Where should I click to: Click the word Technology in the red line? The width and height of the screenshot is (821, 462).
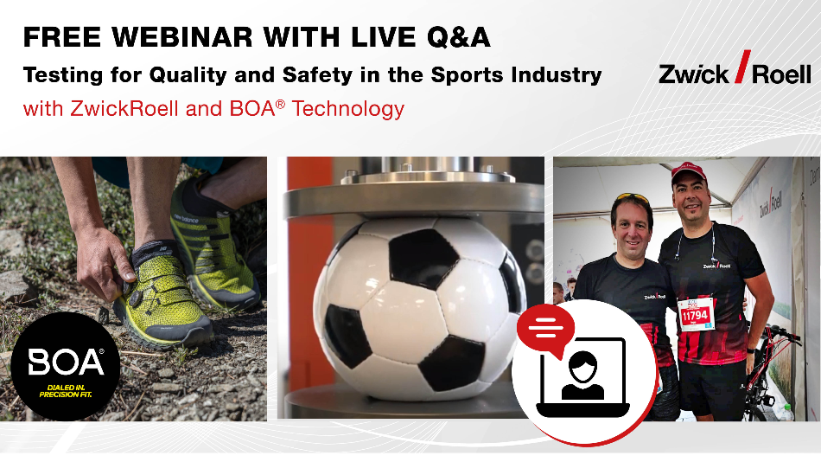tap(348, 108)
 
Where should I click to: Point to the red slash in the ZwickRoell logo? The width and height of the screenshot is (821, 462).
tap(743, 67)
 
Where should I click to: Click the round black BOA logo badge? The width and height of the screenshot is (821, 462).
tap(66, 366)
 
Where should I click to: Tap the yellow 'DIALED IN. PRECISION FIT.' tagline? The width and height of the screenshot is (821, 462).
tap(66, 391)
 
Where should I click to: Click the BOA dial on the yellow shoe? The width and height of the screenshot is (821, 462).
tap(135, 298)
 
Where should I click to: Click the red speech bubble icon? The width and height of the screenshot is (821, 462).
tap(545, 330)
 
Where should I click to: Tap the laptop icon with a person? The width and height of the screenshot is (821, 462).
tap(582, 377)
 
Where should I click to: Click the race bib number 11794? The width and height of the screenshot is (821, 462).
tap(695, 315)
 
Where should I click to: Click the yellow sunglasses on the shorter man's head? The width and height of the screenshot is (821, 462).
tap(632, 198)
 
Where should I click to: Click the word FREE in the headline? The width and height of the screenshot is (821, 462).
tap(62, 37)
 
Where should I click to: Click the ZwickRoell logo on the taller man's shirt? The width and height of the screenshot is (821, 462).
tap(717, 266)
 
